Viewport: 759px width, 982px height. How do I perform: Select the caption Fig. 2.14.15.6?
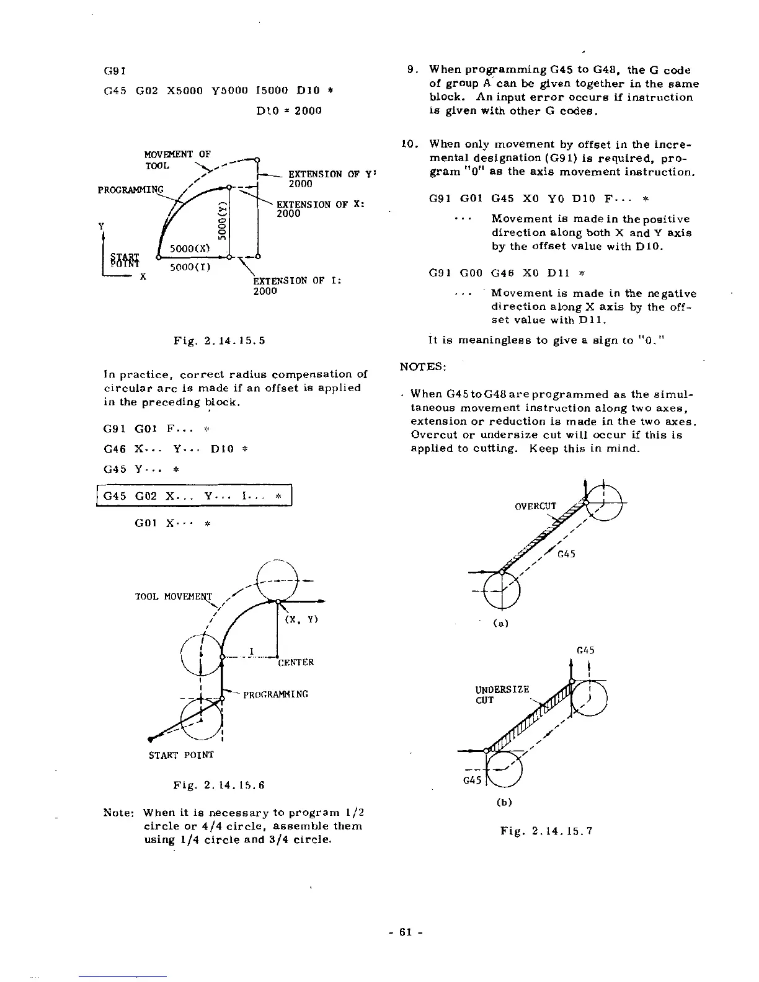tap(219, 785)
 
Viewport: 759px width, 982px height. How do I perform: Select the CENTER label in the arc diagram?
tap(296, 662)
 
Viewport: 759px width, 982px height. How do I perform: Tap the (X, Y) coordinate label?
tap(301, 619)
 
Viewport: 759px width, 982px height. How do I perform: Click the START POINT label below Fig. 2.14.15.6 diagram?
tap(180, 755)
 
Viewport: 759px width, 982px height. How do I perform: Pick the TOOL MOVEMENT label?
tap(174, 596)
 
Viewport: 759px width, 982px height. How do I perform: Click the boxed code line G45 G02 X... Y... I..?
tap(193, 496)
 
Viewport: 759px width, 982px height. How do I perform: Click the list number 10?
tap(409, 144)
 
